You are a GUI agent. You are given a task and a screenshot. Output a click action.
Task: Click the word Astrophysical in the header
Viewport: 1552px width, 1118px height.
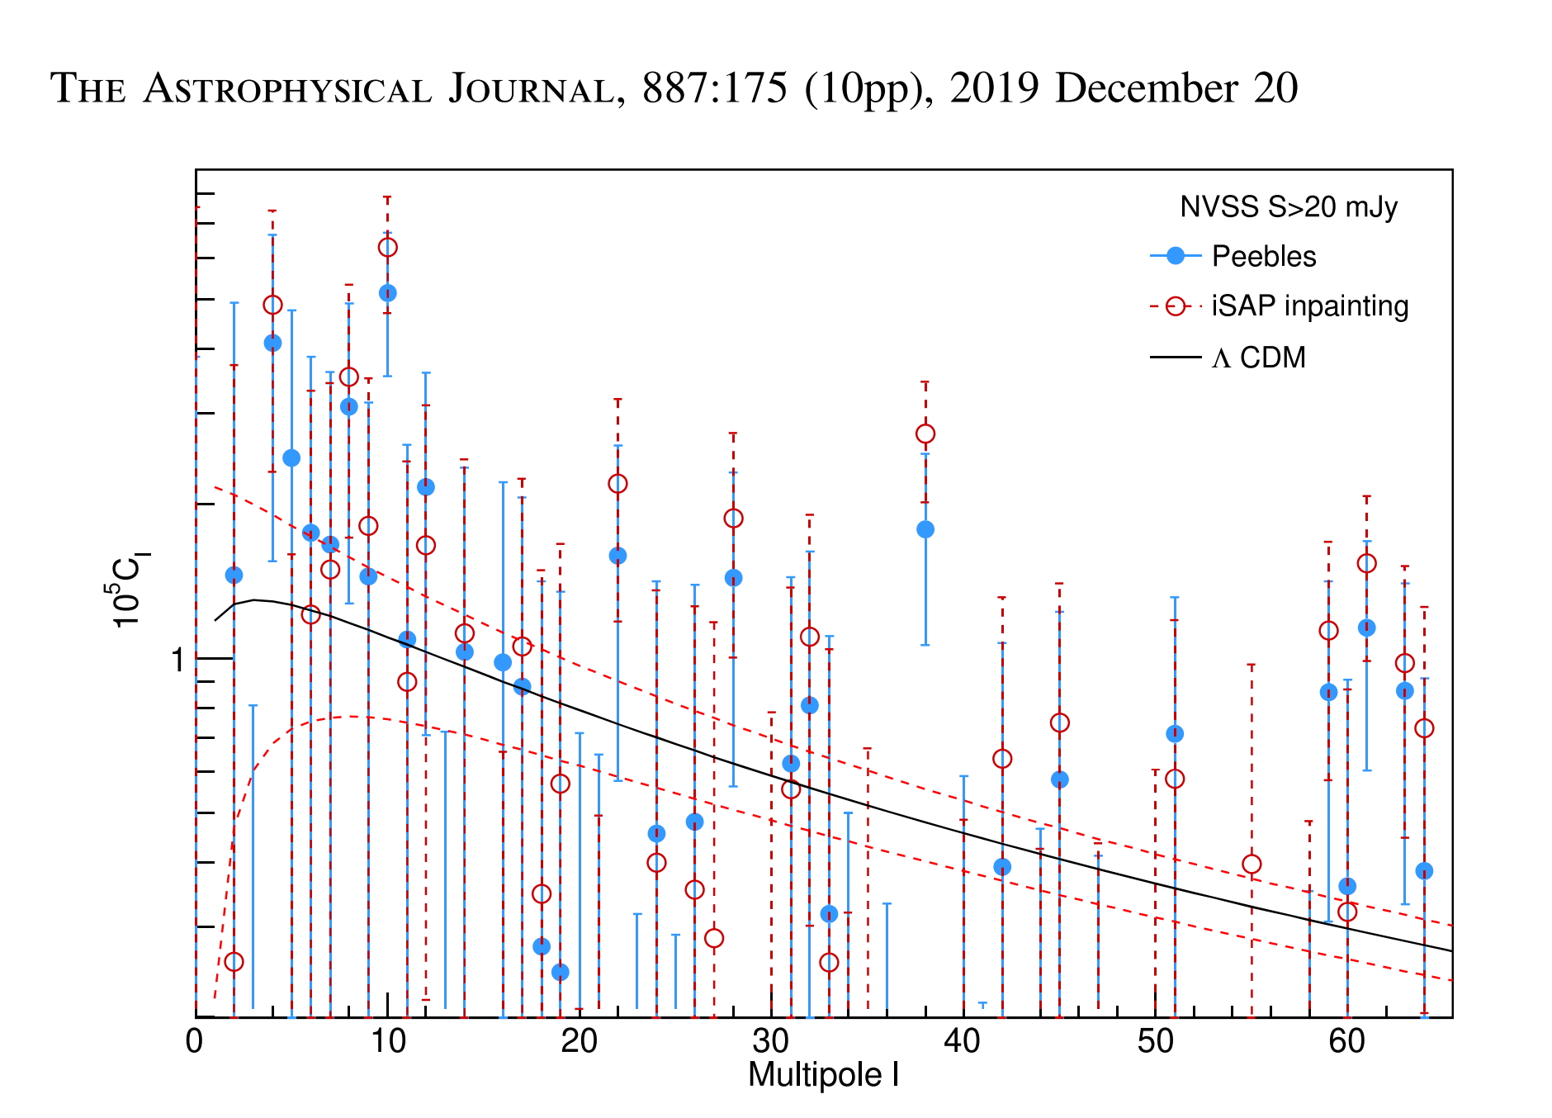tap(287, 89)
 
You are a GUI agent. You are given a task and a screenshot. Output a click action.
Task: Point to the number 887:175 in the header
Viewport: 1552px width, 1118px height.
tap(715, 88)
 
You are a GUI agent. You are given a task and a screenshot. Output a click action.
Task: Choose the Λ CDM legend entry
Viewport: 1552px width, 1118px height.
tap(1258, 358)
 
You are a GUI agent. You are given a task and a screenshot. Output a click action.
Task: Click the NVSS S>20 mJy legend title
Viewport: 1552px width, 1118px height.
tap(1288, 206)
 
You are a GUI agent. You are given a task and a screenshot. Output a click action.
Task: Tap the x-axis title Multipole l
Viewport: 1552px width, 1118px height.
tap(823, 1075)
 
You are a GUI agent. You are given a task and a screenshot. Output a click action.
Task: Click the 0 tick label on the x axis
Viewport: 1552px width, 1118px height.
tap(195, 1042)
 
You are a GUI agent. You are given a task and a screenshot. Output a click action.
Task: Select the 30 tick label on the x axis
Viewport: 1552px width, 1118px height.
tap(771, 1042)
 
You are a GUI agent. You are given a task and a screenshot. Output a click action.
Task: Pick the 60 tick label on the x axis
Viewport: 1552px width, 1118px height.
tap(1347, 1042)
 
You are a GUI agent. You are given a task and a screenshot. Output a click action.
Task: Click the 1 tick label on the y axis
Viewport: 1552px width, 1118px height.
tap(177, 661)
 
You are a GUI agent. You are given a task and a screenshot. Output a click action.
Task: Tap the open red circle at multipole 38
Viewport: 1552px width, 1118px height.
tap(925, 433)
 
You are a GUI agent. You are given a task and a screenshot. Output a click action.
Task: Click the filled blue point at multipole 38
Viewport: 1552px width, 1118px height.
tap(925, 529)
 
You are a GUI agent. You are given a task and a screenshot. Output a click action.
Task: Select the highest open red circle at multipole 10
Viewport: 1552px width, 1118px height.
tap(387, 248)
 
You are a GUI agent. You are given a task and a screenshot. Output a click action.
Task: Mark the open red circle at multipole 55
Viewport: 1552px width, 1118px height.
tap(1252, 865)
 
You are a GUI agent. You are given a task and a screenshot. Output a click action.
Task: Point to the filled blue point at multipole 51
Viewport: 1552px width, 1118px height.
tap(1175, 734)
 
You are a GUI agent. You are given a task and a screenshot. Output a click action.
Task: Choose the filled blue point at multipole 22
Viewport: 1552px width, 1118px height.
tap(617, 556)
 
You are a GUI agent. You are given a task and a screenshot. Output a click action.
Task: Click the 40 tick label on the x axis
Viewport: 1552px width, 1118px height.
tap(963, 1042)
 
